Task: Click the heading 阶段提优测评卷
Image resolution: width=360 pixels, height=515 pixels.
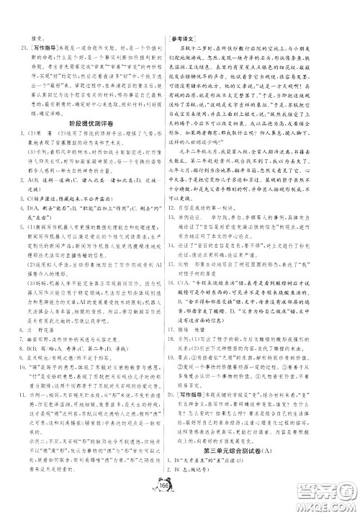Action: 89,104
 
